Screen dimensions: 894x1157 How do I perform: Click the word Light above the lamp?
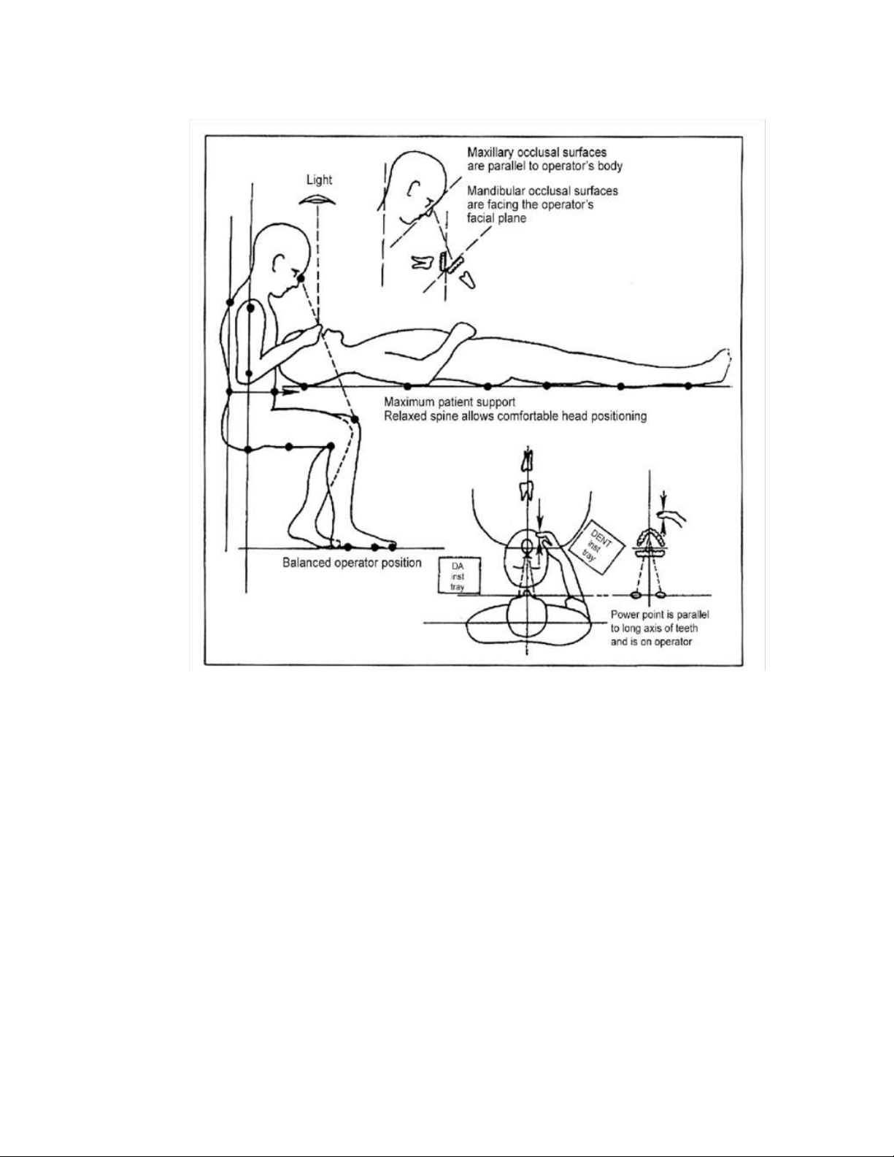(x=319, y=180)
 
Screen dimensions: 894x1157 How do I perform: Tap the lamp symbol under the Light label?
(x=317, y=200)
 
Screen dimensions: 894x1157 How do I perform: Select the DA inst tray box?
(x=459, y=575)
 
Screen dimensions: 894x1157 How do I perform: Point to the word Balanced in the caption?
(x=305, y=563)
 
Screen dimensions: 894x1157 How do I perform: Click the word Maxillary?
(x=490, y=153)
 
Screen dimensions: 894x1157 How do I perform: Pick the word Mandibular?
(x=493, y=191)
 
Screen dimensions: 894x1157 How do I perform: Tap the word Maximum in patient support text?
(x=409, y=402)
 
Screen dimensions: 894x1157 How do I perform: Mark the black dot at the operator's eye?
(x=301, y=278)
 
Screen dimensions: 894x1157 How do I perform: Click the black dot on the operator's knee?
(x=355, y=420)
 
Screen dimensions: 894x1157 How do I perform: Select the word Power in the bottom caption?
(x=624, y=615)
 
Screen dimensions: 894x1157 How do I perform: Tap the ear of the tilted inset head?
(x=414, y=188)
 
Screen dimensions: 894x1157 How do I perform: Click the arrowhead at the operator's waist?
(x=289, y=392)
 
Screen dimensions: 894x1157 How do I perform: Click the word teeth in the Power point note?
(x=687, y=629)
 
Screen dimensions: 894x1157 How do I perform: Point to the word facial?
(x=479, y=218)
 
